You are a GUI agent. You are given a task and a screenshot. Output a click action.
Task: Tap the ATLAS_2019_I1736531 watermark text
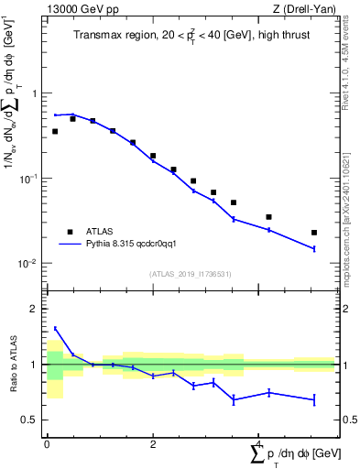pos(190,274)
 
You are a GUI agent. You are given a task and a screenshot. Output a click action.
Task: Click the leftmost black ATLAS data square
pos(55,132)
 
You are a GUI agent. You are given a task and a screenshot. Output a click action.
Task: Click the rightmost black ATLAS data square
pos(314,233)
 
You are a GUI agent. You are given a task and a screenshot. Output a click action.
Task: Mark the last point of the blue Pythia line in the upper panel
pos(314,248)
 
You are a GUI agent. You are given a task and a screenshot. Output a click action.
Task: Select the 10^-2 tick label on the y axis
pos(31,263)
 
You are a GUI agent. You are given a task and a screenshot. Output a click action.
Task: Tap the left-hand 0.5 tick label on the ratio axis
pos(33,420)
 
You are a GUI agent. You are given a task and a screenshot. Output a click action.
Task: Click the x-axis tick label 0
pos(47,444)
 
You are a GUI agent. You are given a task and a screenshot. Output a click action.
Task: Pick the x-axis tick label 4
pos(258,444)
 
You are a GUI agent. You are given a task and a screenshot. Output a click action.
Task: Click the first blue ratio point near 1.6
pos(55,328)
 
